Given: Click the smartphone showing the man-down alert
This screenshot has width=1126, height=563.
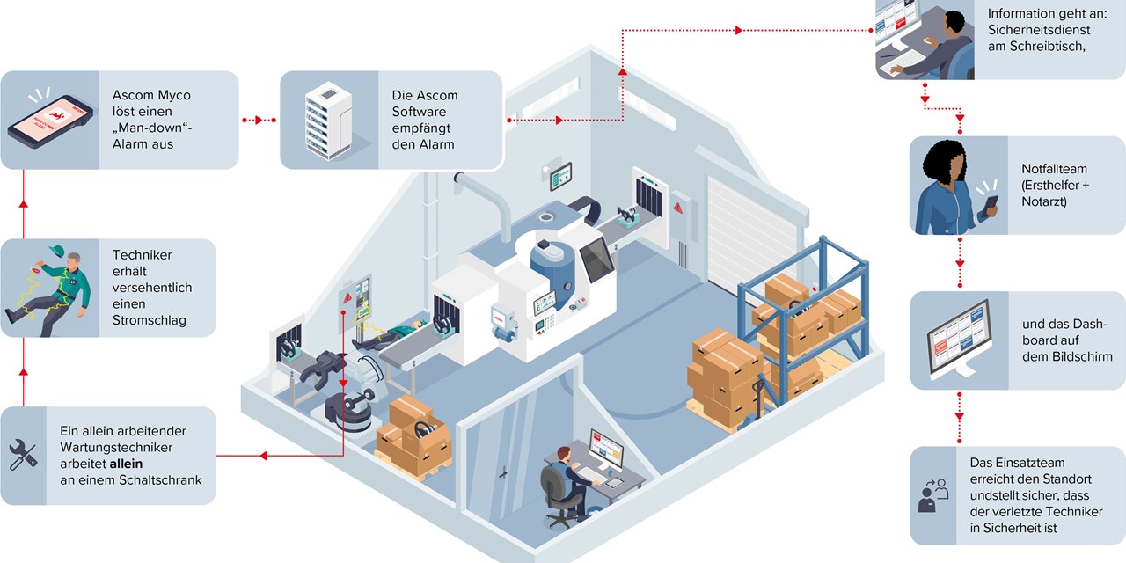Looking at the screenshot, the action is coord(50,121).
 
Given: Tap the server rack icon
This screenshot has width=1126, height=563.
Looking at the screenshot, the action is coord(328,121).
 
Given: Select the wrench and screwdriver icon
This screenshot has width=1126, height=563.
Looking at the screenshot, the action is coord(23,455).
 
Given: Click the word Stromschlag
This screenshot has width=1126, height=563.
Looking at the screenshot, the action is coord(149,320).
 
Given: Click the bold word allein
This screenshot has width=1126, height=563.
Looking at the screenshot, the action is coord(126,464).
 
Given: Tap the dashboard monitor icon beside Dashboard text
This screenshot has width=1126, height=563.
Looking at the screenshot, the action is coord(959,340).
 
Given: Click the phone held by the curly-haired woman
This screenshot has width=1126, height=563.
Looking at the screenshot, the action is coord(991,206).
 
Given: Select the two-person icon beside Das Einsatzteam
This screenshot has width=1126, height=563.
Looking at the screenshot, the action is coord(933,495).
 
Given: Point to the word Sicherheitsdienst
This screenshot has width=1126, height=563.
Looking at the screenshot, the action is coord(1039,30).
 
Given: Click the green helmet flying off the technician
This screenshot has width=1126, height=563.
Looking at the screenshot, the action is coord(56,251).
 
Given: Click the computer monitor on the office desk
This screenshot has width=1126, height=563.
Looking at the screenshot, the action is coord(606,448).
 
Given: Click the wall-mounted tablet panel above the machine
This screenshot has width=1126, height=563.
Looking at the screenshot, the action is coord(560,177).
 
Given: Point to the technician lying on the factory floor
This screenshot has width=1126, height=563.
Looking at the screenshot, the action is coord(390,335).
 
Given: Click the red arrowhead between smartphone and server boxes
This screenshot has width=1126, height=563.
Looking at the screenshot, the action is coord(259,121).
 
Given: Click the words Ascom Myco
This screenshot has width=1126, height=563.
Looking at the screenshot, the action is coord(151,95).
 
